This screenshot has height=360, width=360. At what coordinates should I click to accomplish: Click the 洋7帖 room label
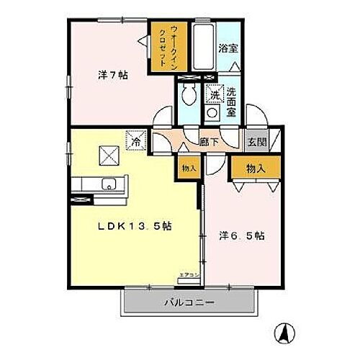113,74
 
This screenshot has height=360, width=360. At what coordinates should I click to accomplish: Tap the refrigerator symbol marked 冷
135,139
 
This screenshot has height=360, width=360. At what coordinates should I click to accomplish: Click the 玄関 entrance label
256,143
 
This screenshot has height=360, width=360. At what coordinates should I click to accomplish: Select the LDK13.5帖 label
135,226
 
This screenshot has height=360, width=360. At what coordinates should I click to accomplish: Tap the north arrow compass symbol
284,333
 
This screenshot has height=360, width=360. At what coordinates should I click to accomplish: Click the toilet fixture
189,94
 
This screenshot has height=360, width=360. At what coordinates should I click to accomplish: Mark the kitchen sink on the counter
110,182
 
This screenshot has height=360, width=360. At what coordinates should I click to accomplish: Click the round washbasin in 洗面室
212,112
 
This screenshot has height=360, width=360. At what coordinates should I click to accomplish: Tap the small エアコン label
189,274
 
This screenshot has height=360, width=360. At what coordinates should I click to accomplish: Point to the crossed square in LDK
109,154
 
